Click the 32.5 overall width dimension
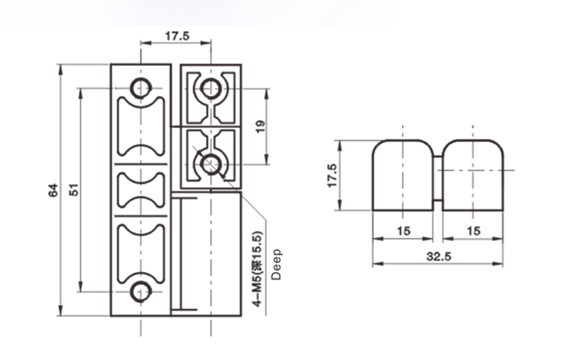438,257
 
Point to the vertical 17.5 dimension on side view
331,175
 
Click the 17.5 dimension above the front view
176,36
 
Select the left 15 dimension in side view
403,231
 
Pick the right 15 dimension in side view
473,231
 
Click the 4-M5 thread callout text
256,269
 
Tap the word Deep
276,264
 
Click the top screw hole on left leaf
141,88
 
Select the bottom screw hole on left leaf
141,292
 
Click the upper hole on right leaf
210,89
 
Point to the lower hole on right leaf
210,162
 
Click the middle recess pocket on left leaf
141,190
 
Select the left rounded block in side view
403,175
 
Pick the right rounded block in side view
473,175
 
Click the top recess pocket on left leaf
141,127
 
